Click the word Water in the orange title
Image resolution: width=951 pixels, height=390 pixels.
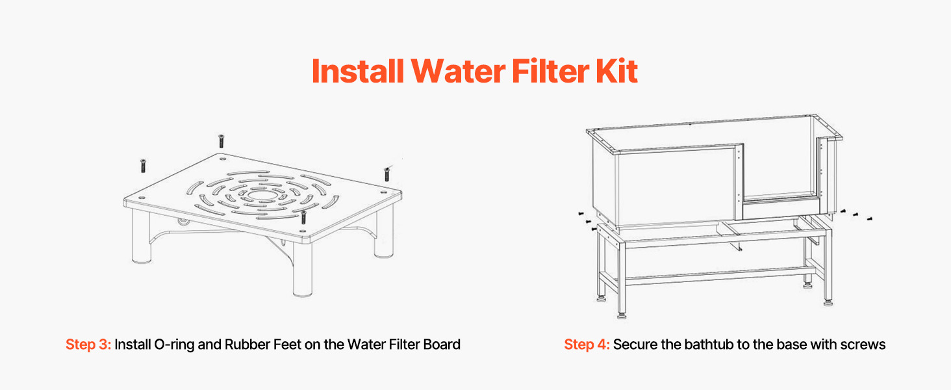458,71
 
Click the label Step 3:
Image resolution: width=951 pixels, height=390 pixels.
88,344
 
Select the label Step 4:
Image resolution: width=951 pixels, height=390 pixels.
587,344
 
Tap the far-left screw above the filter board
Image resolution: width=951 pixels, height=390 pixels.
143,166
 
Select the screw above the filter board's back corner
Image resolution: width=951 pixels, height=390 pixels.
221,141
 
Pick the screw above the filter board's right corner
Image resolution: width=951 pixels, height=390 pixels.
387,174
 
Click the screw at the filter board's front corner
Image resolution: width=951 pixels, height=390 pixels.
303,216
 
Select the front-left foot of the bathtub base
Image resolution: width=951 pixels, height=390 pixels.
621,315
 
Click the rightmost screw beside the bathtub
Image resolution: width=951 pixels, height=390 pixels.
869,218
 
